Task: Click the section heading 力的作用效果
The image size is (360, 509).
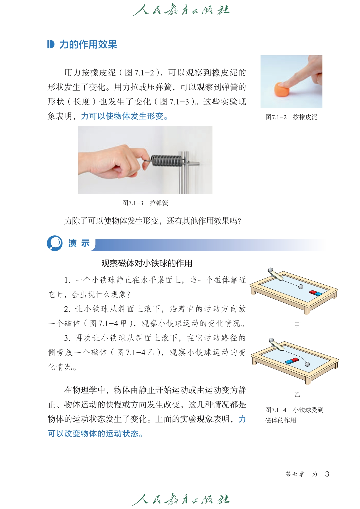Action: pyautogui.click(x=88, y=44)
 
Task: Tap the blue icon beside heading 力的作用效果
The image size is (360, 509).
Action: pyautogui.click(x=51, y=44)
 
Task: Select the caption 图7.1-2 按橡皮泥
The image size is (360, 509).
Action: pyautogui.click(x=291, y=117)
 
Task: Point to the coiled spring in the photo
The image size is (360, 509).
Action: pyautogui.click(x=166, y=161)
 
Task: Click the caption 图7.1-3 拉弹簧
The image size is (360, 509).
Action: pyautogui.click(x=145, y=203)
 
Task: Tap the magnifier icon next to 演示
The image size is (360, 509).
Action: pyautogui.click(x=55, y=243)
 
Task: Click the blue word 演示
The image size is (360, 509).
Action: pyautogui.click(x=79, y=243)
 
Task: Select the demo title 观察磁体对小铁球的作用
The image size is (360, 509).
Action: pyautogui.click(x=146, y=263)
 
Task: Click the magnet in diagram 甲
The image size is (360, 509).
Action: pyautogui.click(x=316, y=293)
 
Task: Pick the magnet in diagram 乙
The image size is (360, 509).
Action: pyautogui.click(x=292, y=361)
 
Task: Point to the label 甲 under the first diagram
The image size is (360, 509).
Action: pyautogui.click(x=297, y=325)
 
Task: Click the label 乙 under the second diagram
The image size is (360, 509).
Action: pyautogui.click(x=297, y=395)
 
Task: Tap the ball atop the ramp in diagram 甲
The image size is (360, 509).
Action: pyautogui.click(x=271, y=270)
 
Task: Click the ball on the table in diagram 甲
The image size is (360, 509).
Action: pyautogui.click(x=301, y=287)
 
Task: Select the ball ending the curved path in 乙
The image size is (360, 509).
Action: pyautogui.click(x=307, y=364)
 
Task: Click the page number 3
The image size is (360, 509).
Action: pyautogui.click(x=327, y=474)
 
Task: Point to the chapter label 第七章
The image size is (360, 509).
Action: pyautogui.click(x=295, y=474)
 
